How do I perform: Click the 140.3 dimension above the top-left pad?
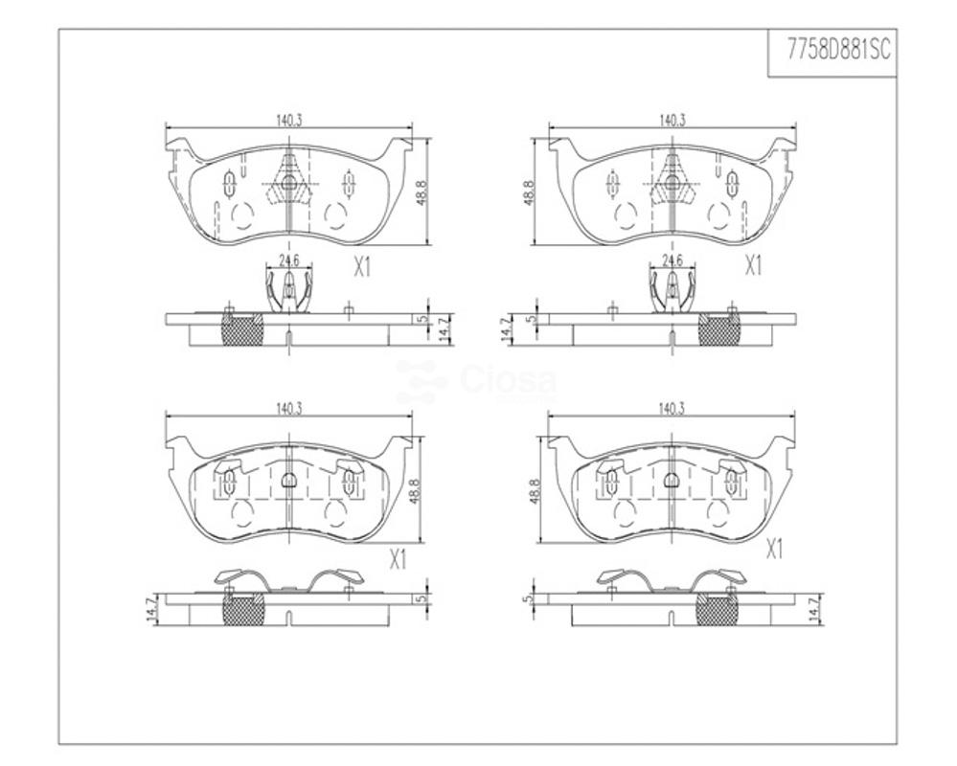(288, 120)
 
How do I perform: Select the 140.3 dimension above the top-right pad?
(672, 120)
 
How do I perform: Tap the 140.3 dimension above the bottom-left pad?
(288, 409)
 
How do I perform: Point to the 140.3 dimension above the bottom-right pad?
(672, 409)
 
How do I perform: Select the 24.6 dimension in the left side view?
(288, 260)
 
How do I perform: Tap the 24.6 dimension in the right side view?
(672, 260)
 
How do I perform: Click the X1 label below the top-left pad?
(362, 266)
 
